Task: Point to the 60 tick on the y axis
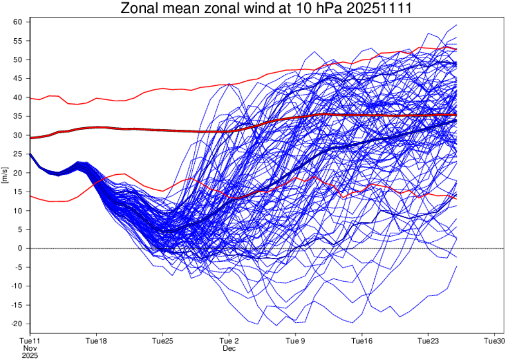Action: coord(19,22)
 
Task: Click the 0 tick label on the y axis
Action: coord(21,249)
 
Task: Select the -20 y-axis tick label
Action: coord(17,324)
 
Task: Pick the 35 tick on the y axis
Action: coord(19,117)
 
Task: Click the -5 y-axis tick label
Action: coord(19,267)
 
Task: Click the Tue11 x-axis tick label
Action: coord(30,340)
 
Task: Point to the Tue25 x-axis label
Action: coord(162,340)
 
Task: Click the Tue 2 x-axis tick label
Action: coord(229,340)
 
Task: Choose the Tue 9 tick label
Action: coord(295,340)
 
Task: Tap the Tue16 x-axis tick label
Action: coord(361,340)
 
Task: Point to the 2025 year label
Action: coord(30,354)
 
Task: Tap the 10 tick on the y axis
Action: coord(19,211)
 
